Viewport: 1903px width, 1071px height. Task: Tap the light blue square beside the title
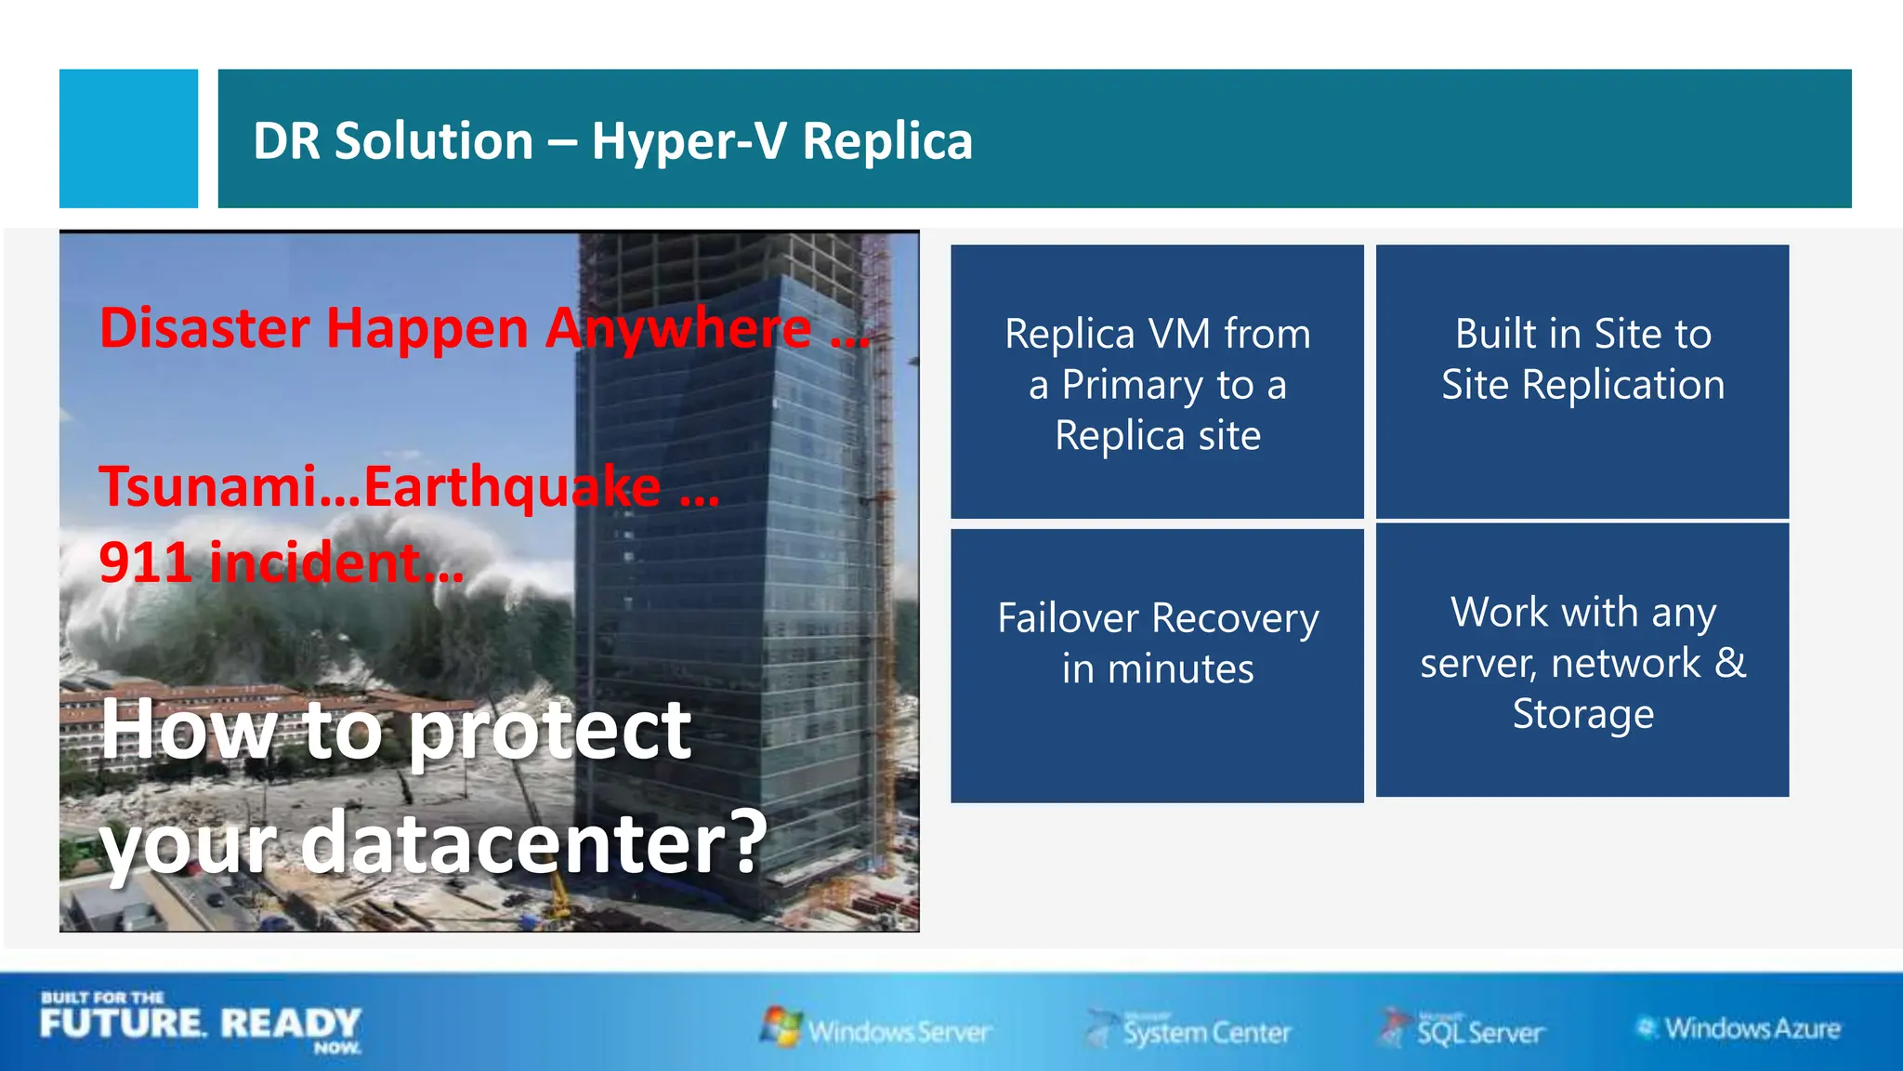(128, 139)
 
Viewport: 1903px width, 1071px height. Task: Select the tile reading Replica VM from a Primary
(1157, 381)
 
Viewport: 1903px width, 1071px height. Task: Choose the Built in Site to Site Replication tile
(1581, 381)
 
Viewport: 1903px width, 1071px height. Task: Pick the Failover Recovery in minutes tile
(1157, 665)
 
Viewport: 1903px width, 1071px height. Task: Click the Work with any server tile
(1581, 660)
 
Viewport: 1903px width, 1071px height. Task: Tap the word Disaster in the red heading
(204, 328)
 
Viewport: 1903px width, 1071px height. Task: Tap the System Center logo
(1189, 1030)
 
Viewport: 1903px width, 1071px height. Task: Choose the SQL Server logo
(1463, 1030)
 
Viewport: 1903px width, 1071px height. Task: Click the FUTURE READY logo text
(200, 1024)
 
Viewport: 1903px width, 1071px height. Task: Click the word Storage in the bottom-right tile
(1582, 714)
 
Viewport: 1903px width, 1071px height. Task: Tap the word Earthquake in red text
(512, 487)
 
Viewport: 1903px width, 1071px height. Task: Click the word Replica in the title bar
(887, 141)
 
